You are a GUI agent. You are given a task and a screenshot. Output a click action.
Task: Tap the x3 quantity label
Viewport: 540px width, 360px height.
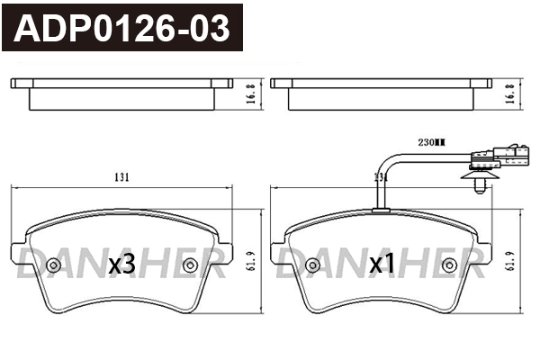coord(121,265)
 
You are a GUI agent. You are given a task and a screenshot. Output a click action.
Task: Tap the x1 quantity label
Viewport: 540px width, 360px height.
coord(382,265)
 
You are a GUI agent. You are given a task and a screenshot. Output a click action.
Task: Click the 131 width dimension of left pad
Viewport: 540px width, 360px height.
coord(121,177)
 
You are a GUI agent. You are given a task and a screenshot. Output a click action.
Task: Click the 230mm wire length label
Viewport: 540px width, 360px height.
coord(432,142)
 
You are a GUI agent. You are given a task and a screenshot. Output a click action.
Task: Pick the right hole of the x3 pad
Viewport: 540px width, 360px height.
coord(190,265)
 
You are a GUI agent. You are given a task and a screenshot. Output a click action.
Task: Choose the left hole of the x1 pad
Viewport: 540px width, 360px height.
coord(311,265)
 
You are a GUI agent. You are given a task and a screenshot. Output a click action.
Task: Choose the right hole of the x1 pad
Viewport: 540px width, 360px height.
coord(449,265)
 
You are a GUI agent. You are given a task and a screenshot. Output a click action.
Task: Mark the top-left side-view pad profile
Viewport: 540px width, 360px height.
coord(121,93)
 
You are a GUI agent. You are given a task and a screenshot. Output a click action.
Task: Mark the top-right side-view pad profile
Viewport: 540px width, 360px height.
coord(381,93)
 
